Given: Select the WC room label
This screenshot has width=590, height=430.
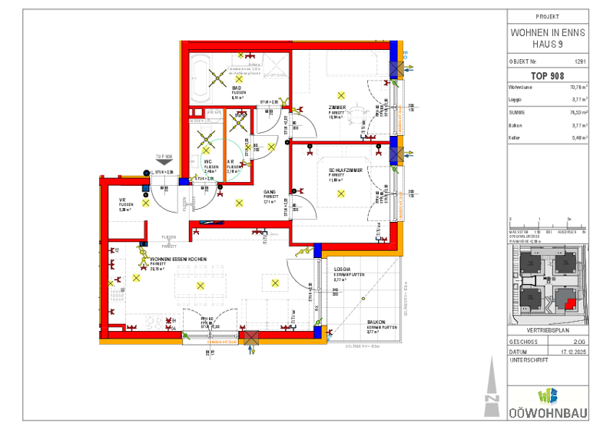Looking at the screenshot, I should click(x=207, y=161).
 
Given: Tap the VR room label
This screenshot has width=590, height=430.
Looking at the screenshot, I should click(x=122, y=200).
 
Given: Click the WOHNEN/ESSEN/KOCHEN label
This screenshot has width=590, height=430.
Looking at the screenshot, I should click(x=178, y=260).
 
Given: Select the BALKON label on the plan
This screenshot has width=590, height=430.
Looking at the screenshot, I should click(x=376, y=323).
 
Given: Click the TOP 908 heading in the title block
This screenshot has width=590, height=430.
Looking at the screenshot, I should click(x=547, y=75).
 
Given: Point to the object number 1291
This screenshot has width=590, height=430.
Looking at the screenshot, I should click(x=580, y=60).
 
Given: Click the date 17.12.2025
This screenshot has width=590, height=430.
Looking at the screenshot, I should click(x=574, y=351).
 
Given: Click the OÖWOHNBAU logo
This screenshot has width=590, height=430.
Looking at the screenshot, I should click(x=548, y=403).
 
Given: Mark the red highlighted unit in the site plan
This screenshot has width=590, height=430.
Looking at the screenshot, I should click(x=570, y=302).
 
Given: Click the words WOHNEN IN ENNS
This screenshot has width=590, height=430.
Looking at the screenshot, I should click(x=548, y=33).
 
